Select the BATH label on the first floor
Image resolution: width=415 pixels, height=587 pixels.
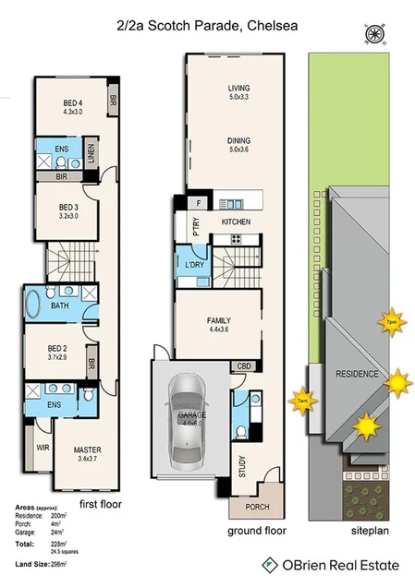60,305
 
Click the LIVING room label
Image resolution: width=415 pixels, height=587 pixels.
239,90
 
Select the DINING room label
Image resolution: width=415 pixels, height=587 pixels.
239,141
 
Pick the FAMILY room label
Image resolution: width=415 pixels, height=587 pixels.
224,319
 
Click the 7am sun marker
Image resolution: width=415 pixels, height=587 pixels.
300,400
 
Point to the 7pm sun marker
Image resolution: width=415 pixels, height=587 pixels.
391,321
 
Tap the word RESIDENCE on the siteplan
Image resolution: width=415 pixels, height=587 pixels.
358,374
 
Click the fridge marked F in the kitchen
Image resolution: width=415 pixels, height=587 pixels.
197,202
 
